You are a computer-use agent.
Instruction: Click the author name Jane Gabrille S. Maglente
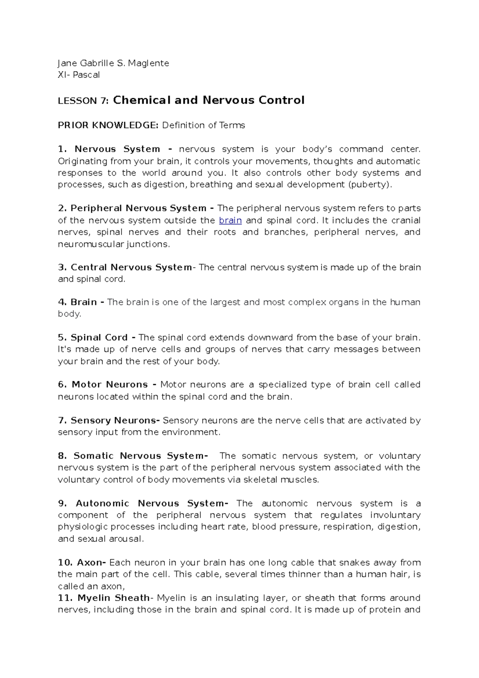click(x=113, y=63)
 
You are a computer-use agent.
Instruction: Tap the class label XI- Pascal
click(x=79, y=75)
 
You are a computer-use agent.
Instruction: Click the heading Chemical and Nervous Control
click(x=209, y=100)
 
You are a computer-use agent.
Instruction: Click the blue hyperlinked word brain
click(x=230, y=220)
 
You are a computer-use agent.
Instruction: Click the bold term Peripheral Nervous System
click(x=138, y=208)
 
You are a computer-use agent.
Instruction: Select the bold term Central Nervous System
click(x=131, y=267)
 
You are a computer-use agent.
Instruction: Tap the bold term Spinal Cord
click(x=99, y=337)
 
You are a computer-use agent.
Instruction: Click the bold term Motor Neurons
click(x=110, y=385)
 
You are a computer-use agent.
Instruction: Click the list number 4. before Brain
click(x=62, y=302)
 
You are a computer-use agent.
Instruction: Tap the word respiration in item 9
click(x=348, y=527)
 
